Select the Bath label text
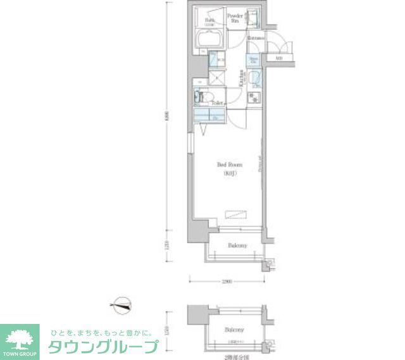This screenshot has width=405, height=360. point(209,20)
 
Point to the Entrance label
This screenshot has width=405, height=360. point(256,38)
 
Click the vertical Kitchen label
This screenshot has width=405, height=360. point(242,77)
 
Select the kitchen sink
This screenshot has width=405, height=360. point(254,79)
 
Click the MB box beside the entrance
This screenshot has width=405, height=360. point(278,59)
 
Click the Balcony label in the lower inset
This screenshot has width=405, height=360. point(234,330)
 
